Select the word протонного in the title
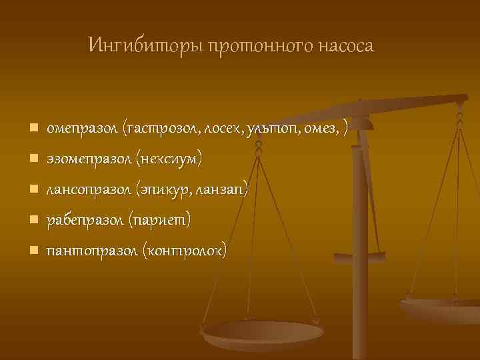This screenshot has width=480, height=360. [251, 46]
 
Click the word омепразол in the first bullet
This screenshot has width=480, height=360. [83, 127]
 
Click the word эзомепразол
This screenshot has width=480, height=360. [89, 159]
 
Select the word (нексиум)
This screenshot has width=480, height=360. [168, 159]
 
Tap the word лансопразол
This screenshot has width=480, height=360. [89, 190]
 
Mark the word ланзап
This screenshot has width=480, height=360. [223, 190]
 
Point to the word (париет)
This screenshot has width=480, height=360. [159, 220]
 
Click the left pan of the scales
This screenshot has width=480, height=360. [263, 333]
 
